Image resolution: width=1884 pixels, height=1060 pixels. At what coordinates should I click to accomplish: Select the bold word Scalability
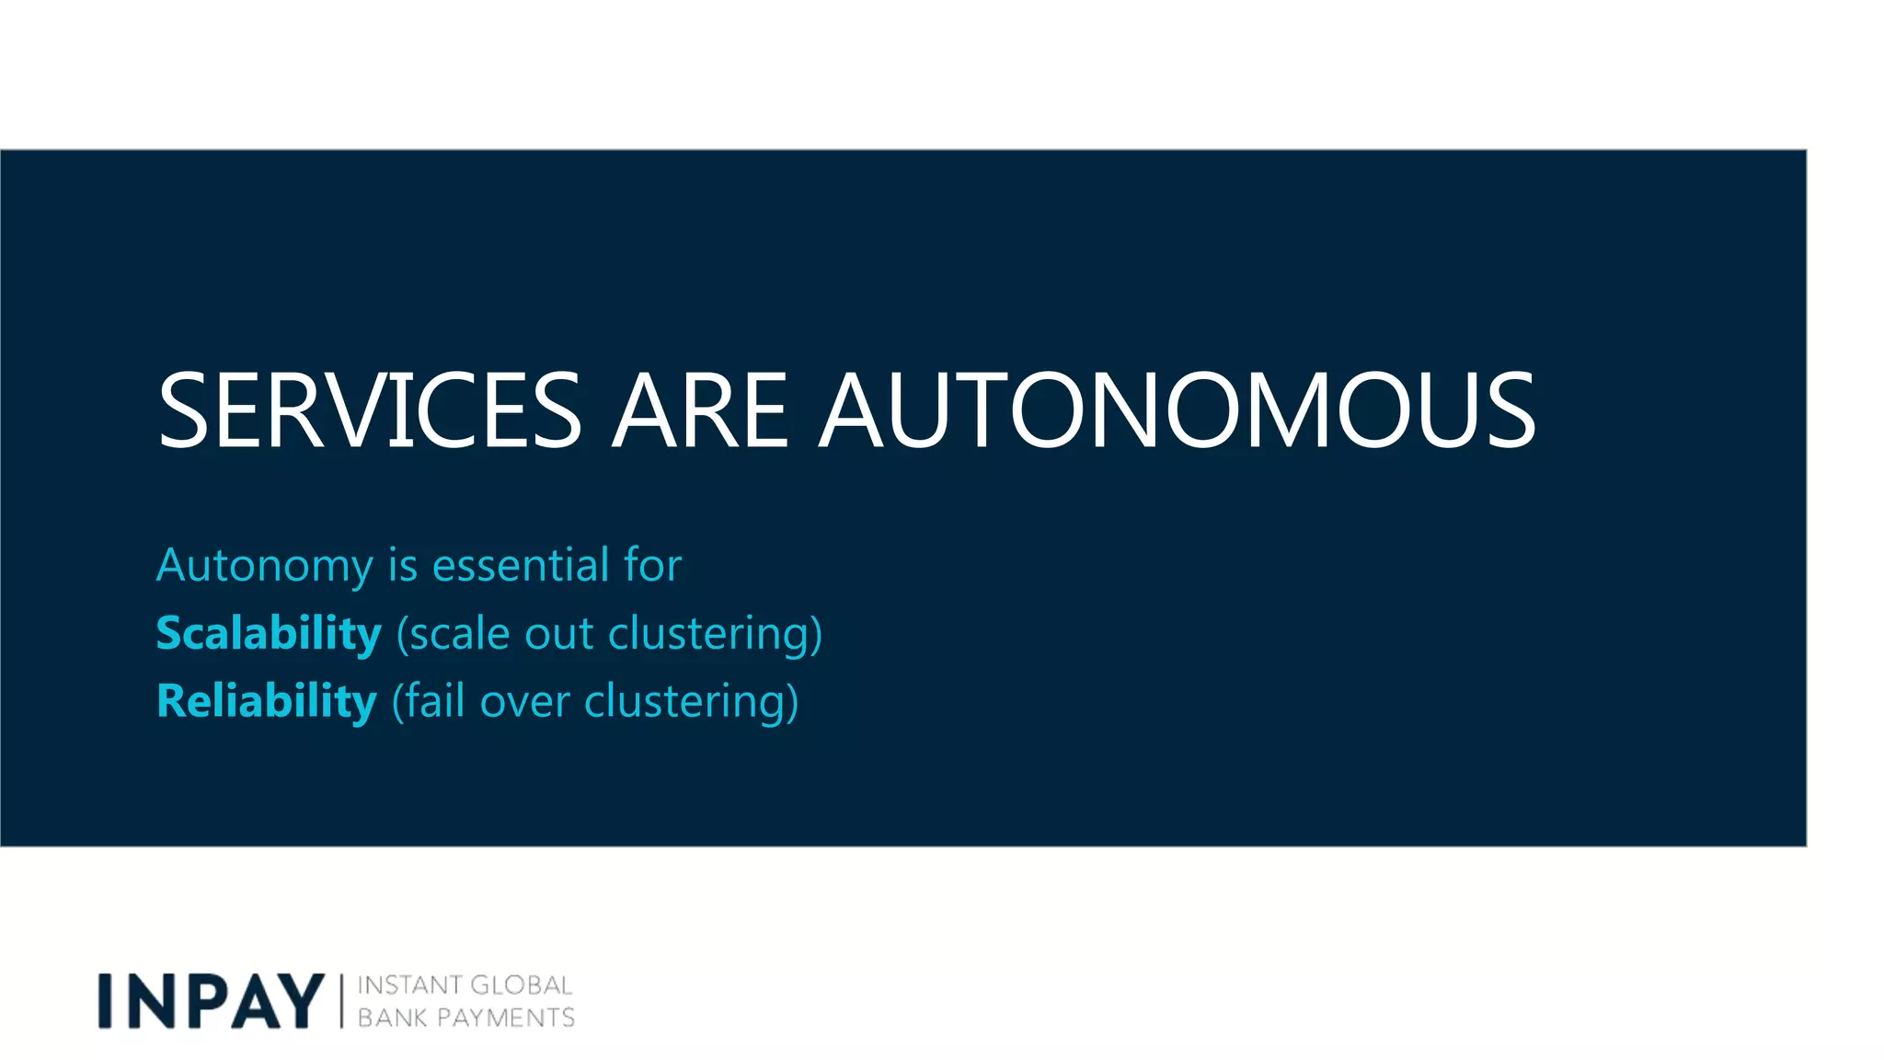pyautogui.click(x=269, y=634)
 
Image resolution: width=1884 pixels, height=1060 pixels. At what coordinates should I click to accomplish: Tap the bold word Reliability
pyautogui.click(x=267, y=701)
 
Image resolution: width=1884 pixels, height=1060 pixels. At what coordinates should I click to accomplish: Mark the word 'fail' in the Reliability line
pyautogui.click(x=435, y=701)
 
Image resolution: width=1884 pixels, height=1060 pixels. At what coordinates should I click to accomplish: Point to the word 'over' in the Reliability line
pyautogui.click(x=524, y=701)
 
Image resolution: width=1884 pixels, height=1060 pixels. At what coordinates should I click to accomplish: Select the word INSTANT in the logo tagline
pyautogui.click(x=408, y=985)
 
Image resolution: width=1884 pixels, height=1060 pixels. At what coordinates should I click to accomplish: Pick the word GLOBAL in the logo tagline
pyautogui.click(x=522, y=985)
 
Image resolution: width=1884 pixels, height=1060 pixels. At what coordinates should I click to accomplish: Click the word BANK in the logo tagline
pyautogui.click(x=392, y=1018)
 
